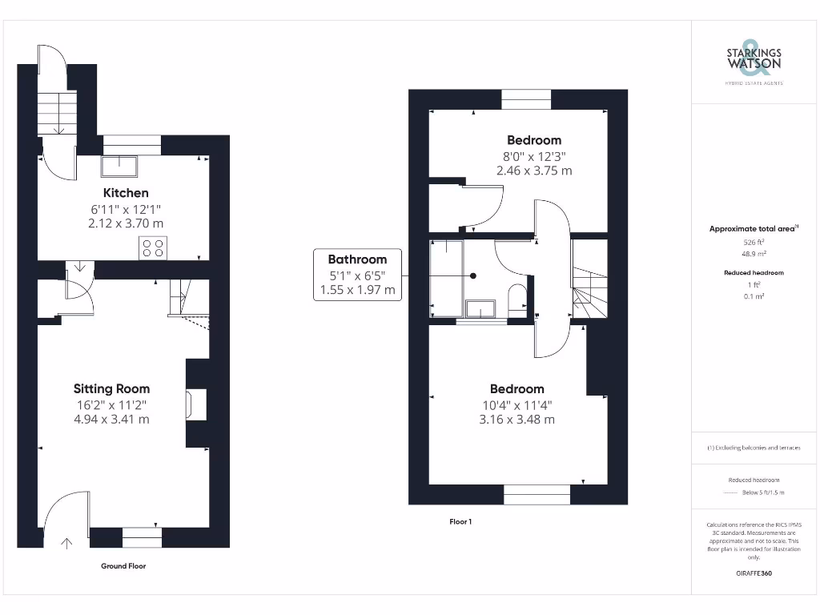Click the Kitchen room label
[x=126, y=193]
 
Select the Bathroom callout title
[x=357, y=259]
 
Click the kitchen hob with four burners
[x=153, y=248]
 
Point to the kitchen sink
[x=119, y=166]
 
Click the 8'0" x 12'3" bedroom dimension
[x=534, y=156]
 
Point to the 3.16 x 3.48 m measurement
[x=517, y=420]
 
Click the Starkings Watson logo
[x=754, y=59]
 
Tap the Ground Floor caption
[x=123, y=566]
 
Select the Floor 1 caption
[x=460, y=522]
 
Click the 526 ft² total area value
[x=754, y=241]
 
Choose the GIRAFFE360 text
[x=754, y=573]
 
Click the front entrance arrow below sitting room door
[x=66, y=543]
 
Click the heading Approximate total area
[x=752, y=229]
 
